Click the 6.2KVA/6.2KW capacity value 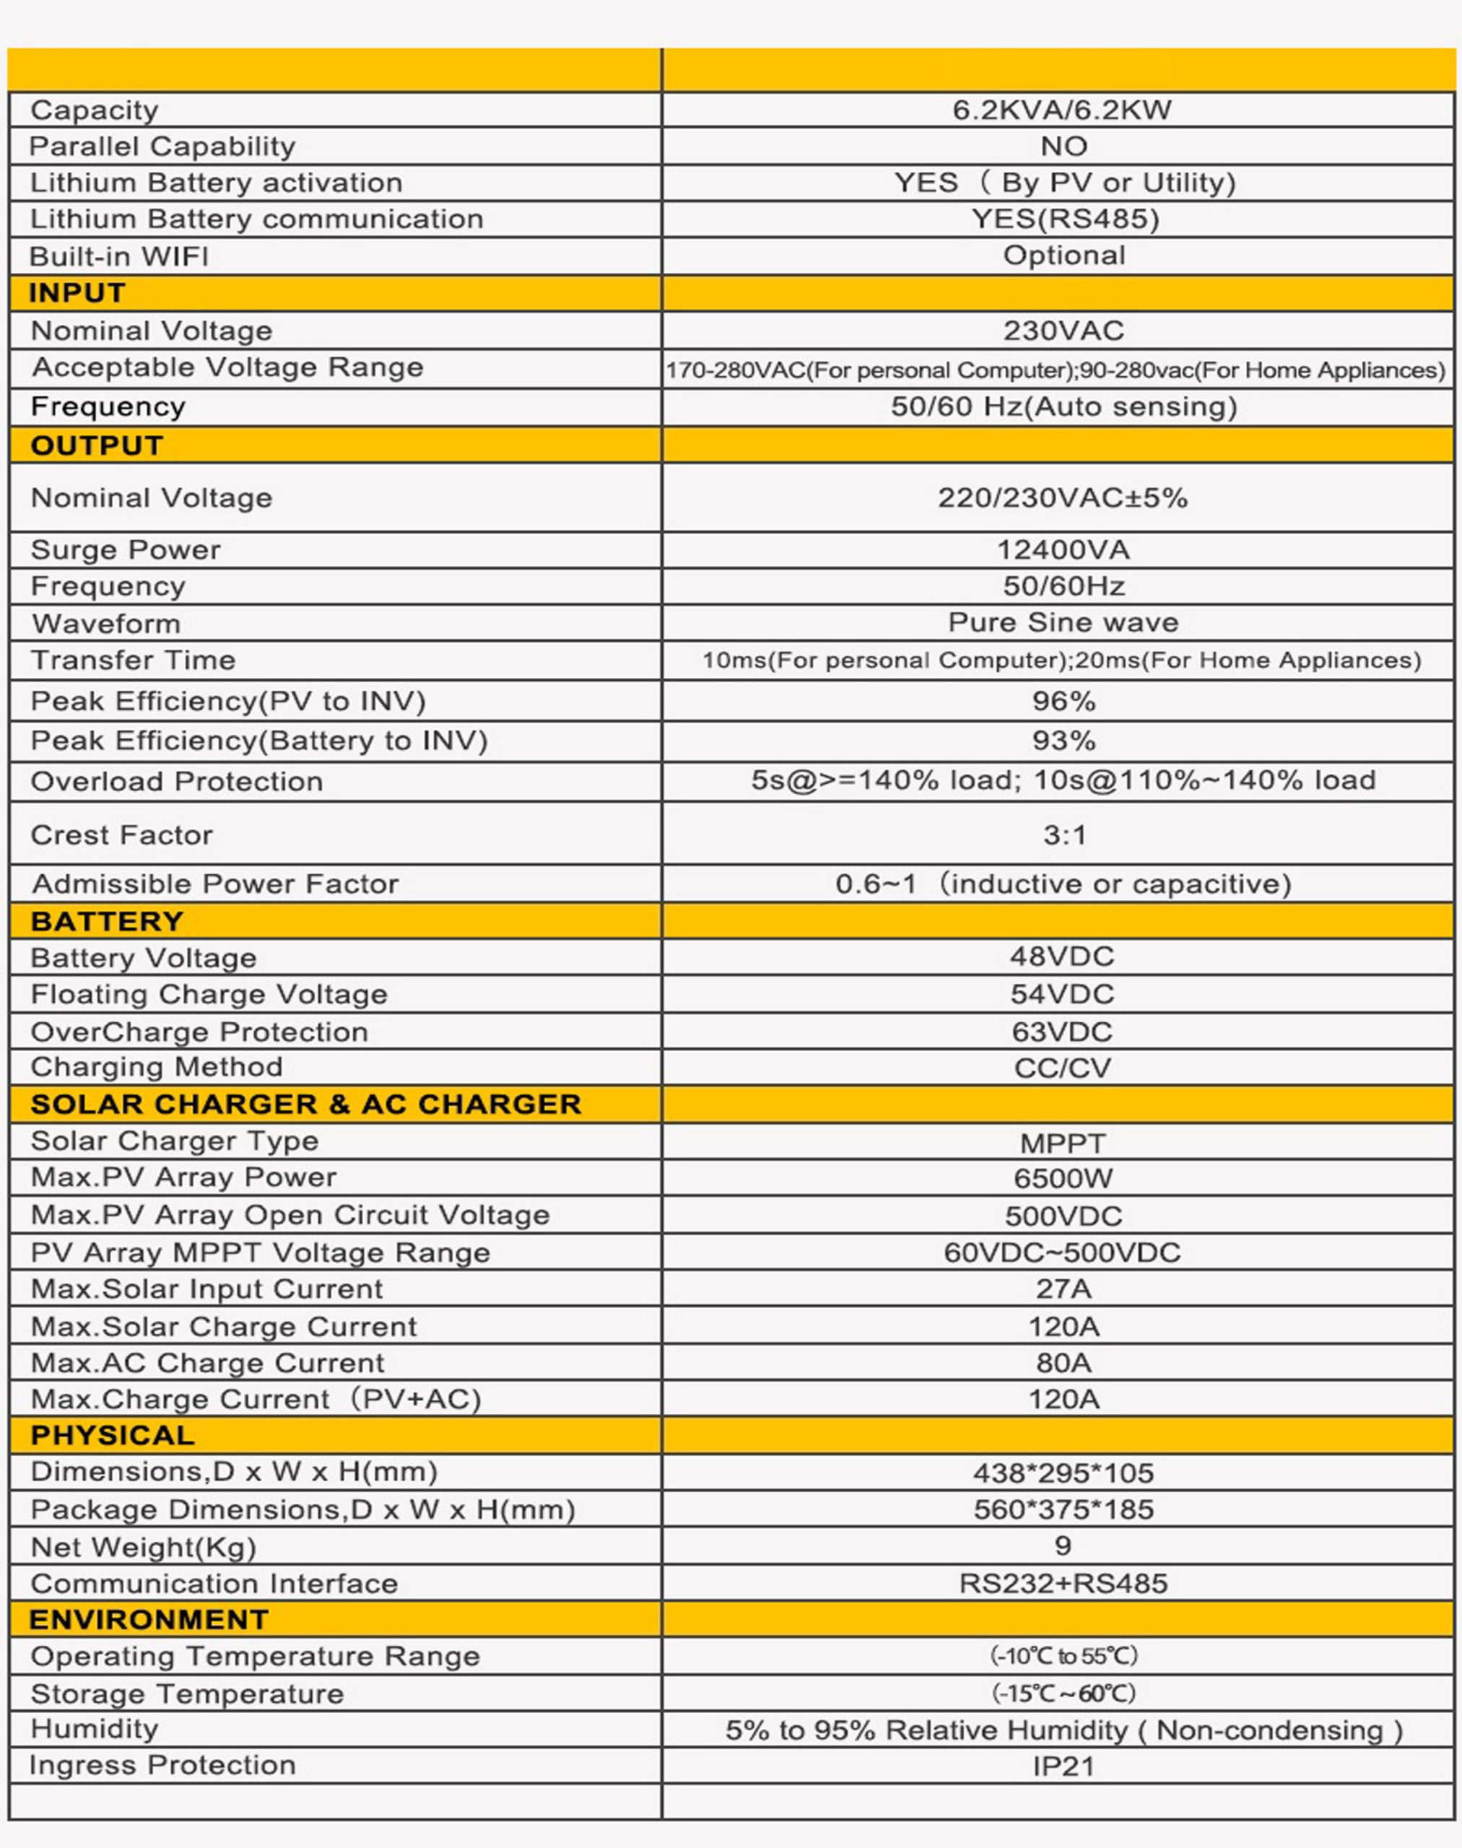[1061, 110]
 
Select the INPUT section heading [77, 293]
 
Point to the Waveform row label [106, 624]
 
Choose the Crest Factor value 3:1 [1064, 834]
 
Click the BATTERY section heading [107, 921]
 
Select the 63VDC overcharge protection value [1062, 1032]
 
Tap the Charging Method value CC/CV [1062, 1068]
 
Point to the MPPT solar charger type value [1062, 1143]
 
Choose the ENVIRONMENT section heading [149, 1619]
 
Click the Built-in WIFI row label [119, 257]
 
